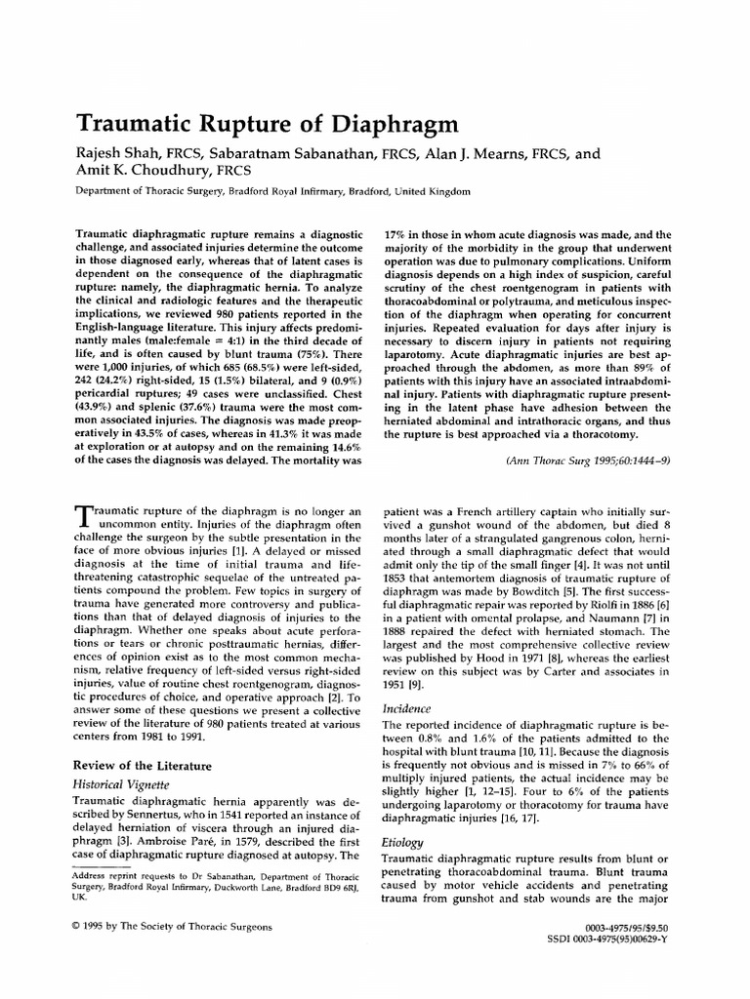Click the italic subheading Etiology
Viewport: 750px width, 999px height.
404,840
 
